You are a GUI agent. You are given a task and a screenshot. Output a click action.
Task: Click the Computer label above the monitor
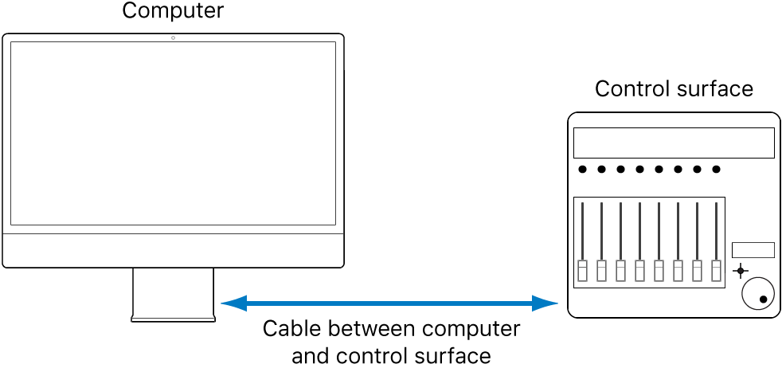point(173,11)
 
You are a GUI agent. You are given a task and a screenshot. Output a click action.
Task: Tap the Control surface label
point(674,88)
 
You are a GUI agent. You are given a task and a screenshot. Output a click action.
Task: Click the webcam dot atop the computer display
point(173,38)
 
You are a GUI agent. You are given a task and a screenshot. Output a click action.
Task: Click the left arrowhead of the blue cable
point(232,303)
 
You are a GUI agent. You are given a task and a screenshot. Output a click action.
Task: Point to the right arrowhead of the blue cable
point(546,303)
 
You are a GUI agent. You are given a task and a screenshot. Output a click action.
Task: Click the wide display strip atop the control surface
point(674,143)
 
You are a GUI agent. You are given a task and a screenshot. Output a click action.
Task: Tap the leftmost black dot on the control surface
point(583,169)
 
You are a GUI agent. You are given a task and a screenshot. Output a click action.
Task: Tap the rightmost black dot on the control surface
point(716,169)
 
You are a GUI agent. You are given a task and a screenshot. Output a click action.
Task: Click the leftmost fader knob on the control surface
point(583,271)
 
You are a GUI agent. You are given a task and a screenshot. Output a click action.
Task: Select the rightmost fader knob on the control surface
point(716,271)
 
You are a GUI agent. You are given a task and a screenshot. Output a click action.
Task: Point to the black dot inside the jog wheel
point(764,299)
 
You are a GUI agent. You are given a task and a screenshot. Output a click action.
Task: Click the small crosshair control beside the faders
point(741,271)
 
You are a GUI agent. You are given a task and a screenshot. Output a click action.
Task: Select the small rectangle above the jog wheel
point(753,250)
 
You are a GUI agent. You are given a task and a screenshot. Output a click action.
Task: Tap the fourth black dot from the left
point(640,169)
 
